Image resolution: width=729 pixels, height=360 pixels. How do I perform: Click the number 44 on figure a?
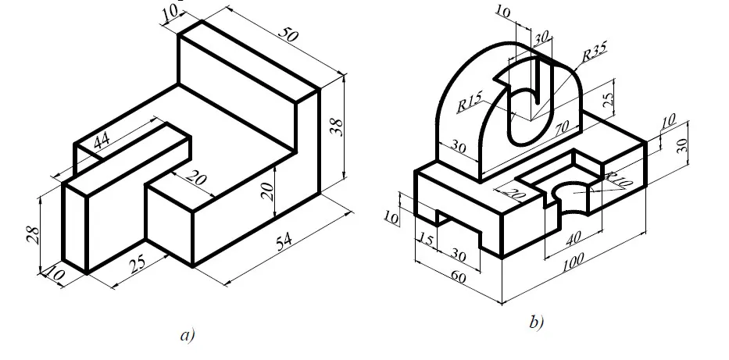pyautogui.click(x=101, y=141)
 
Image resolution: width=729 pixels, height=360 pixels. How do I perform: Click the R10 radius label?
pyautogui.click(x=617, y=180)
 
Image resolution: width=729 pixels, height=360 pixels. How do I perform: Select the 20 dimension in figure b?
pyautogui.click(x=516, y=193)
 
